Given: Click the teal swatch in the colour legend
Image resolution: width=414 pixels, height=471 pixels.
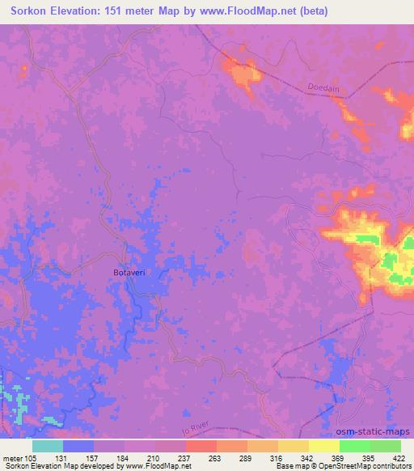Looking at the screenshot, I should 48,445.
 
